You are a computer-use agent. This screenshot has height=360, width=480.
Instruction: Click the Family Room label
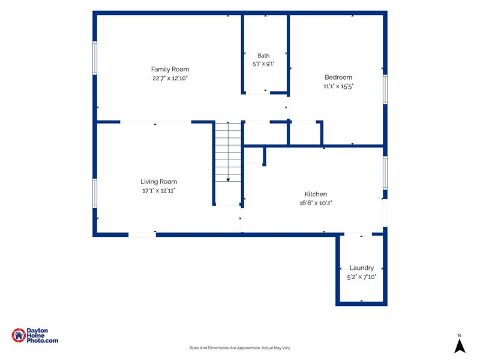[170, 69]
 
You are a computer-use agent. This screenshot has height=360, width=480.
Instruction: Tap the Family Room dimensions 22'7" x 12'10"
[170, 78]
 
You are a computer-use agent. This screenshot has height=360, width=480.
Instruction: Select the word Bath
[263, 56]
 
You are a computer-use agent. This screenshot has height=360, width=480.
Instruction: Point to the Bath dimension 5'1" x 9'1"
[263, 64]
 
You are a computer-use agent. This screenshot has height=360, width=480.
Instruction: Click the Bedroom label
[338, 77]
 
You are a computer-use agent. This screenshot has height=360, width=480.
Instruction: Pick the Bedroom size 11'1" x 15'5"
[338, 86]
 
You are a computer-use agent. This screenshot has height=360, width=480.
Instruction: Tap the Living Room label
[158, 182]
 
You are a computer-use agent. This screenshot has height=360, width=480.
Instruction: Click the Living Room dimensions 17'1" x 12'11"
[158, 190]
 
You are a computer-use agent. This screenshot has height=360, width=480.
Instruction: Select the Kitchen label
[316, 194]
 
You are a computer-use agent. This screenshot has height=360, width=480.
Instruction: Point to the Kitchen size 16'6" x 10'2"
[316, 203]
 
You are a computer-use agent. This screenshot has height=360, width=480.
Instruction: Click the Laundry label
[362, 268]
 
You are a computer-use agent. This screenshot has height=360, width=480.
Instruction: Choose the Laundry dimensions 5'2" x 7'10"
[362, 277]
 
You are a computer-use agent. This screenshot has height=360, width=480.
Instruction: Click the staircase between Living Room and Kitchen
[228, 152]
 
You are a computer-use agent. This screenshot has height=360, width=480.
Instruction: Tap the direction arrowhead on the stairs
[228, 180]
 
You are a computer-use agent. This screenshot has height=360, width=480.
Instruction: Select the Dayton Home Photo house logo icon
[19, 335]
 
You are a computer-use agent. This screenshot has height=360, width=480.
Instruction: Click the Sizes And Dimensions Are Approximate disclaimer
[239, 348]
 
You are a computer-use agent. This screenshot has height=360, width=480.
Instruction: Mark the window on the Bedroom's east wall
[385, 89]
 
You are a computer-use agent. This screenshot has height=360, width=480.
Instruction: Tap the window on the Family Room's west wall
[95, 58]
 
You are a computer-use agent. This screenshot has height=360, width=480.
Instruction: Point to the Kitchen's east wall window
[385, 173]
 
